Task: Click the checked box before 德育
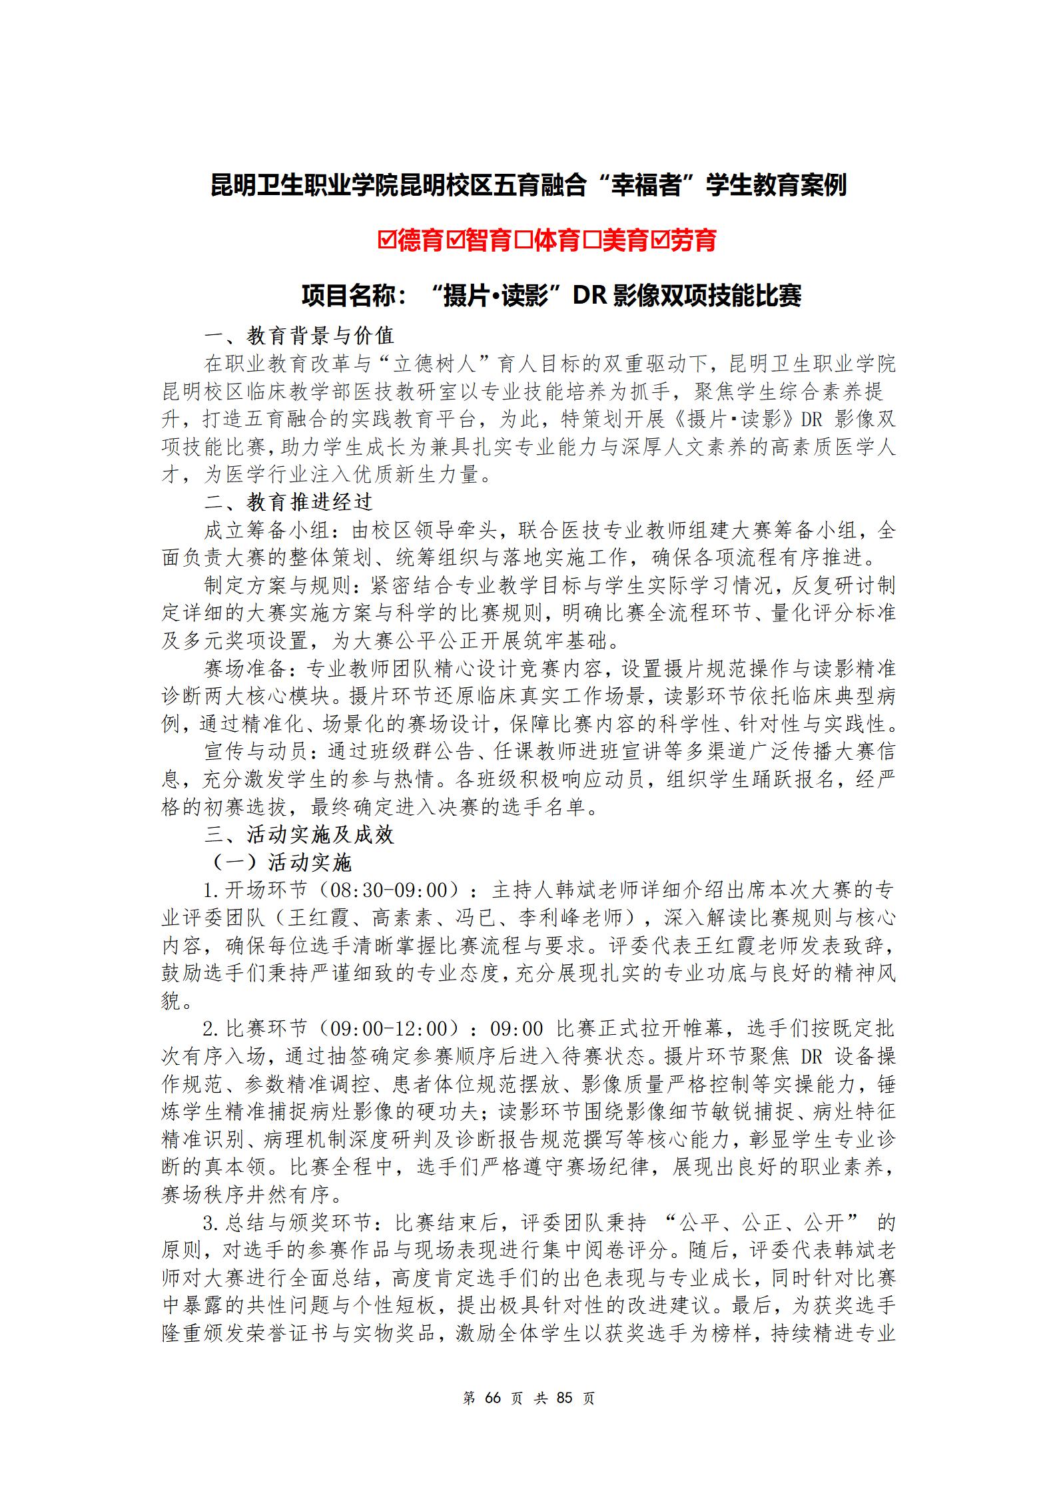(x=387, y=240)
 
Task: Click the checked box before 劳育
(x=660, y=240)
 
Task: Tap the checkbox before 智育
(x=456, y=240)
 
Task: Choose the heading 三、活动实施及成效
(x=299, y=835)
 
